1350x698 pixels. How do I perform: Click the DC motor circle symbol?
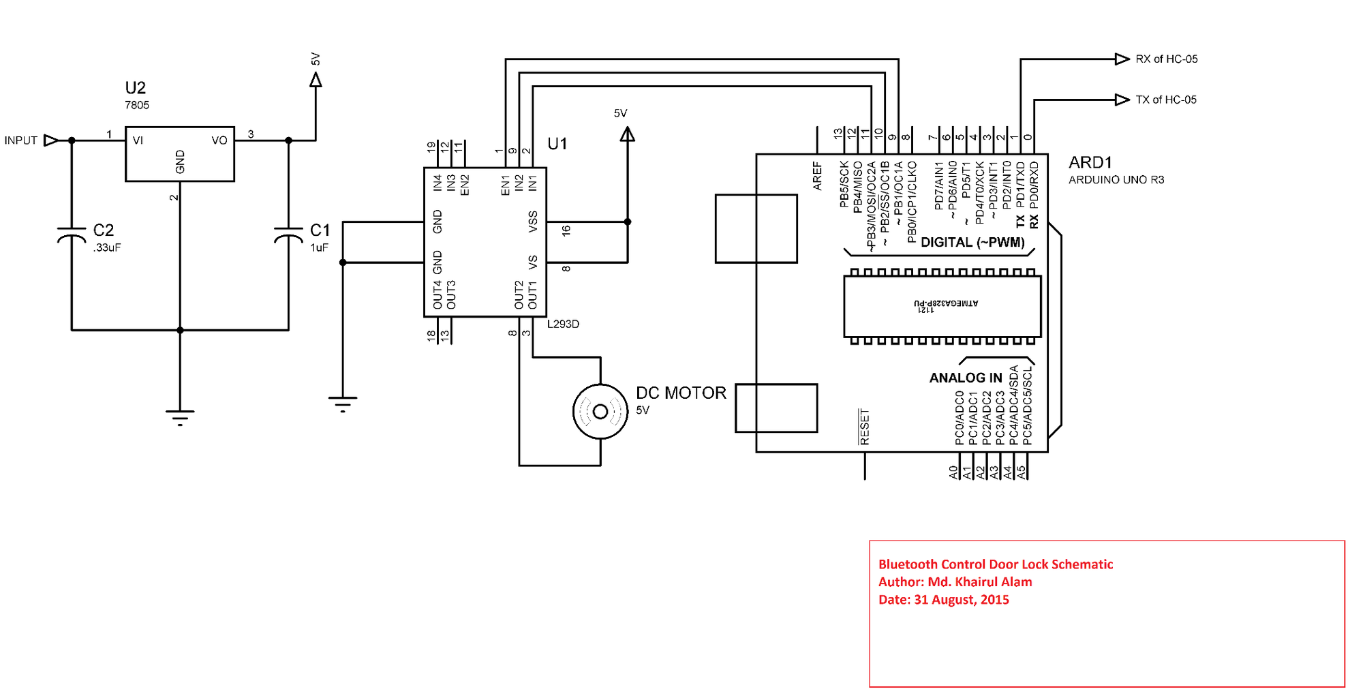pos(600,412)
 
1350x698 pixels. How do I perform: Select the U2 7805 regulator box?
pos(179,154)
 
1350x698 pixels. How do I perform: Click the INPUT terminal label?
pos(21,140)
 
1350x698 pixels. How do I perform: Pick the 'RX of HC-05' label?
pos(1166,59)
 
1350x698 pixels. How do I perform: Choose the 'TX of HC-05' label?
pos(1165,100)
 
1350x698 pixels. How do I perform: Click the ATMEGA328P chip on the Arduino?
pos(942,305)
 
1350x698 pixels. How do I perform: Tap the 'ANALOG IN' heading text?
pos(965,378)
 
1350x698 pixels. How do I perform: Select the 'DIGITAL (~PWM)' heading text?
pos(972,243)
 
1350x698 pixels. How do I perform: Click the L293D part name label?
pos(563,324)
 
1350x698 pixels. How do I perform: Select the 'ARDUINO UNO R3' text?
pos(1116,180)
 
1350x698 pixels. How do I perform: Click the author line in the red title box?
pos(955,582)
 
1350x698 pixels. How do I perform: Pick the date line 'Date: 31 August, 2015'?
pos(943,600)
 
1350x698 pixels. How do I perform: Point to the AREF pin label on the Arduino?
pos(817,176)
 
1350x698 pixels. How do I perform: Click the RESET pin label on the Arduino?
pos(864,427)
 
